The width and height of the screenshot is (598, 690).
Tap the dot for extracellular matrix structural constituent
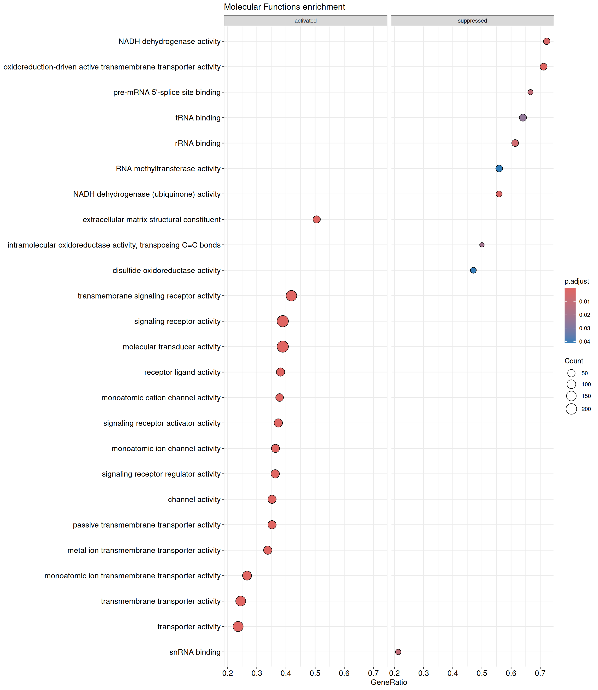click(x=317, y=219)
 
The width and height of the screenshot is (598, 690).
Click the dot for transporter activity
click(x=238, y=626)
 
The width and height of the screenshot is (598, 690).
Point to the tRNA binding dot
click(x=523, y=117)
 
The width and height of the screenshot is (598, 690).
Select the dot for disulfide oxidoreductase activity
click(x=473, y=270)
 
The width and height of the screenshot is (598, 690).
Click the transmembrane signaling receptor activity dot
click(x=291, y=296)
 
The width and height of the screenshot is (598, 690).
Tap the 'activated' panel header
click(x=305, y=21)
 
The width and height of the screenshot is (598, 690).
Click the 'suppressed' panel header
click(x=472, y=21)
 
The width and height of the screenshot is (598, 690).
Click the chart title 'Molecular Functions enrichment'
click(x=284, y=7)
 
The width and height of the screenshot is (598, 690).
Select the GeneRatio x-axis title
click(x=389, y=682)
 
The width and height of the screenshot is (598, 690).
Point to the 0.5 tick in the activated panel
click(x=315, y=673)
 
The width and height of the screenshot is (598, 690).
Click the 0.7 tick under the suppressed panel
click(x=540, y=673)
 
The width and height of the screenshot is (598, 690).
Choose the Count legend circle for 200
click(x=571, y=409)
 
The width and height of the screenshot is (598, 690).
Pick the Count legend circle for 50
click(x=571, y=373)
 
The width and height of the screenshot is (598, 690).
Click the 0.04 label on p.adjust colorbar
click(x=585, y=342)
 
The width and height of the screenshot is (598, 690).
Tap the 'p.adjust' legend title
click(x=577, y=281)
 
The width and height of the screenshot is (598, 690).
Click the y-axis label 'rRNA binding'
click(x=198, y=143)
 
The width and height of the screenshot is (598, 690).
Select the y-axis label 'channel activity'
click(x=194, y=500)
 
